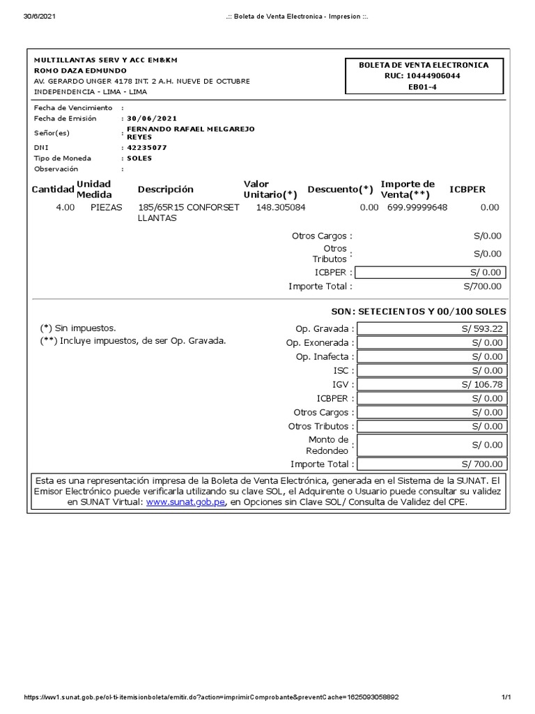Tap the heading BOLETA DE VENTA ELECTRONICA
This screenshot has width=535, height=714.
click(424, 65)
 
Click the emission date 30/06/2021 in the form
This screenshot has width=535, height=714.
click(147, 119)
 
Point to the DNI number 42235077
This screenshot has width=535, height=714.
click(147, 148)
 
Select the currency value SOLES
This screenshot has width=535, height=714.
click(139, 158)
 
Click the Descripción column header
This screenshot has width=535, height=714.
click(166, 190)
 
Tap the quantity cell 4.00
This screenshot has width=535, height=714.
click(65, 207)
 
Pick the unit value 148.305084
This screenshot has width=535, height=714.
click(281, 207)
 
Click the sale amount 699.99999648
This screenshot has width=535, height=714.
click(417, 207)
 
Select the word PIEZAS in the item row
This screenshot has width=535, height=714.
click(106, 207)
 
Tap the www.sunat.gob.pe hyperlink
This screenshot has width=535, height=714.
click(186, 501)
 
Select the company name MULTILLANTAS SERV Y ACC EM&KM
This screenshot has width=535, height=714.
click(106, 61)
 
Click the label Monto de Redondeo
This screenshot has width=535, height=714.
click(327, 445)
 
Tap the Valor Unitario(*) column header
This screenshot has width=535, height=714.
click(270, 189)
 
